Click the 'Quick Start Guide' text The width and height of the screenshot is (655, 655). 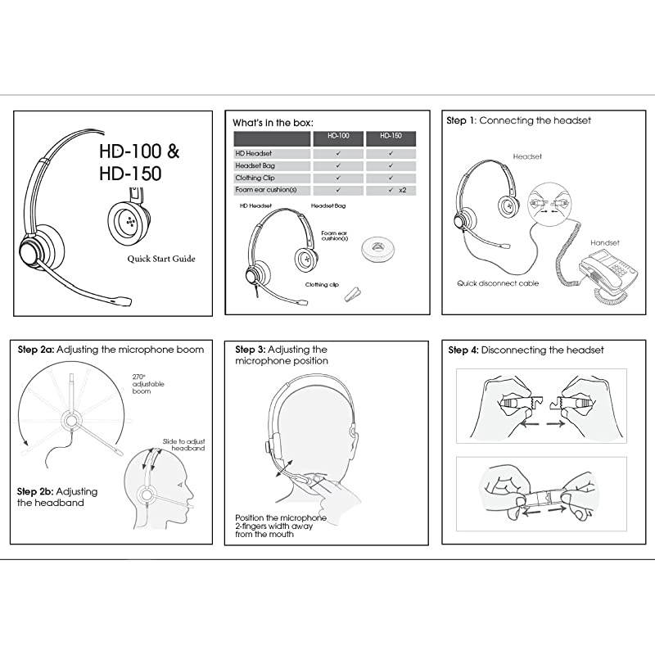pyautogui.click(x=160, y=259)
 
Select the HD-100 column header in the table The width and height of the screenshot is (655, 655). pyautogui.click(x=339, y=138)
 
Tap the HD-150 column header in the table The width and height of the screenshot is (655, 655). pyautogui.click(x=391, y=138)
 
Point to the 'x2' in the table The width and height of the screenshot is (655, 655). pyautogui.click(x=402, y=190)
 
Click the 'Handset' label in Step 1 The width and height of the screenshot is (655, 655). pyautogui.click(x=605, y=243)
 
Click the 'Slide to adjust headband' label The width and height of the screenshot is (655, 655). pyautogui.click(x=183, y=444)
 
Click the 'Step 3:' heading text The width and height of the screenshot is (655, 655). pyautogui.click(x=250, y=350)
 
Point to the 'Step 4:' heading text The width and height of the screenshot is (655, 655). pyautogui.click(x=463, y=350)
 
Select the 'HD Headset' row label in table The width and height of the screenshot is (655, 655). pyautogui.click(x=254, y=153)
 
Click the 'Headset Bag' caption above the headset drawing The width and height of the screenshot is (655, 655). pyautogui.click(x=327, y=206)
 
